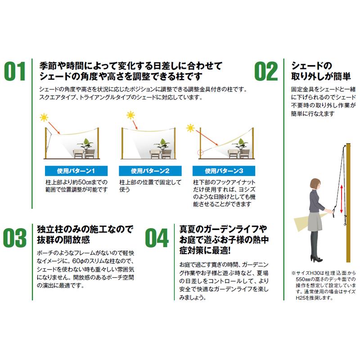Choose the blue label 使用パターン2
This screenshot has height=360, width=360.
144,171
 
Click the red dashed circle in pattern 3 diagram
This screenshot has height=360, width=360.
201,153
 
